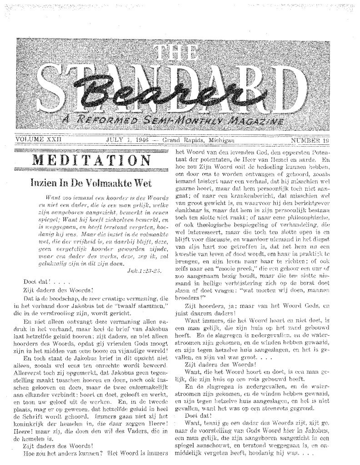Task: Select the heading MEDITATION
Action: (x=89, y=160)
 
